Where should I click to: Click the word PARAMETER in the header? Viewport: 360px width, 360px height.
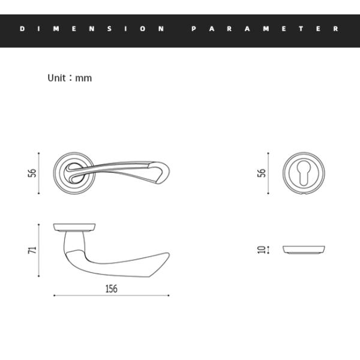coord(265,28)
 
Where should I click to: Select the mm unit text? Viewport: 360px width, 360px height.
coord(84,78)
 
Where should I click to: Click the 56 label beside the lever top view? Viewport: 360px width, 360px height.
coord(33,173)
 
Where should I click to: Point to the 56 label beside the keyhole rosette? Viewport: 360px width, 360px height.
coord(261,173)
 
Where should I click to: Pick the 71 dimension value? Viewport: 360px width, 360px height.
coord(33,248)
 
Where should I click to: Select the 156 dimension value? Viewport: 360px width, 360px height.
coord(111,289)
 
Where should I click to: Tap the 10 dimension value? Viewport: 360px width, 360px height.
coord(261,248)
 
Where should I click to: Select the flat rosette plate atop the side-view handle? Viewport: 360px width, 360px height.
coord(75,227)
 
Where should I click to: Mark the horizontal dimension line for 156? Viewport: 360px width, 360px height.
coord(111,296)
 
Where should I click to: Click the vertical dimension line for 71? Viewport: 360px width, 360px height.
coord(40,248)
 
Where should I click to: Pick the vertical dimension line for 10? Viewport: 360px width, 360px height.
coord(268,248)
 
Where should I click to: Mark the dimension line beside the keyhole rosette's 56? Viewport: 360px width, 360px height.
coord(268,173)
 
